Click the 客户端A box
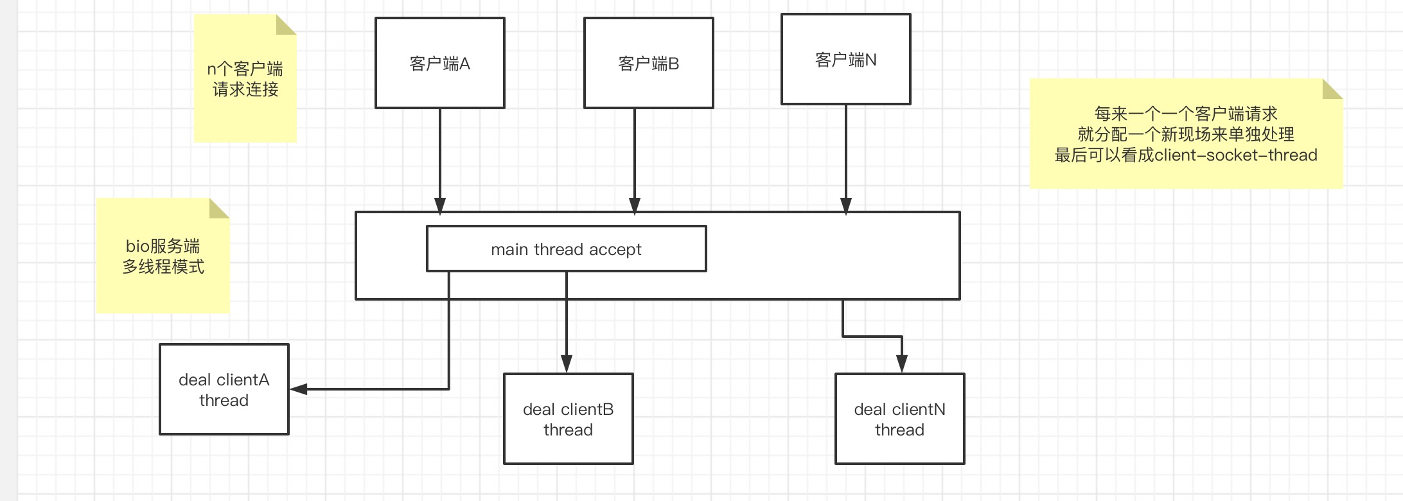click(x=440, y=63)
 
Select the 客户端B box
click(x=648, y=63)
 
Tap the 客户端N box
click(x=845, y=59)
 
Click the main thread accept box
click(x=566, y=249)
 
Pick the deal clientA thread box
click(x=224, y=389)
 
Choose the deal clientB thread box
click(x=568, y=419)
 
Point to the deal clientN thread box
click(x=899, y=419)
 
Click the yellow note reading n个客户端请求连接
click(x=245, y=79)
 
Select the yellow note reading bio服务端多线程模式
click(x=163, y=256)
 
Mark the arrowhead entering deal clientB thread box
click(x=566, y=364)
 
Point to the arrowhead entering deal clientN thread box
click(x=901, y=364)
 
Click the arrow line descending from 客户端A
click(x=440, y=154)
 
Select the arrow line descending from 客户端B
click(x=635, y=154)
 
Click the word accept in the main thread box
click(x=615, y=249)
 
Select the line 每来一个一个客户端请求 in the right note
click(x=1185, y=114)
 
